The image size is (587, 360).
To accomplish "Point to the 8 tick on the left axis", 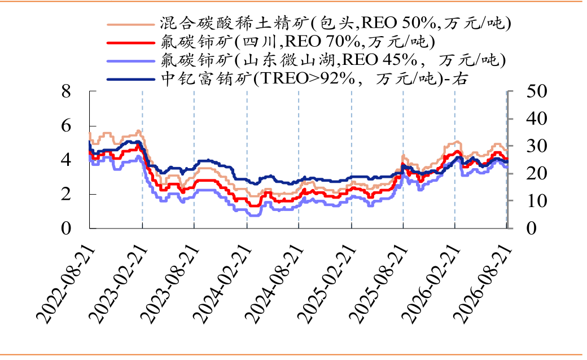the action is pos(66,91).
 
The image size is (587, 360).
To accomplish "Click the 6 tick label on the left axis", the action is pos(66,125).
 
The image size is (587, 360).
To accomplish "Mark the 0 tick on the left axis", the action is pos(66,228).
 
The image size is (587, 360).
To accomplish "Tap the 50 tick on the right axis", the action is pos(536,91).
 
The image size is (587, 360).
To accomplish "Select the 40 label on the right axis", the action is pos(536,118).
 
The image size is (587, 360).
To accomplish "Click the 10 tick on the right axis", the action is pos(536,201).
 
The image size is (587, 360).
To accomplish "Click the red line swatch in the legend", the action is pos(130,43).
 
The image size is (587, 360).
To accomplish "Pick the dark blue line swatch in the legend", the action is pos(130,80).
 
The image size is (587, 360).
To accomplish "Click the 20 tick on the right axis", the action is pos(536,173).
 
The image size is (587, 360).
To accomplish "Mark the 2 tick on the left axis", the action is pos(66,194).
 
